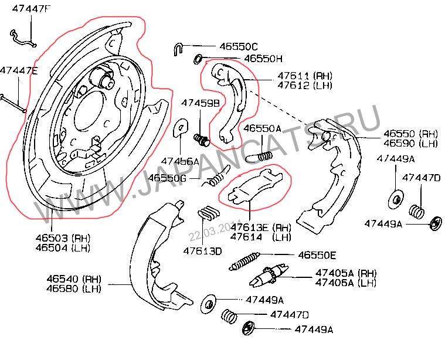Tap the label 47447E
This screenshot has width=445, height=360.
coord(19,70)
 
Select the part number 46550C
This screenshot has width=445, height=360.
coord(239,46)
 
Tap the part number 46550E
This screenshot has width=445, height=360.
coord(317,255)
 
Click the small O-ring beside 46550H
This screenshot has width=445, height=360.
coord(198,57)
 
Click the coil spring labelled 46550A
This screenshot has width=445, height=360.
coord(257,155)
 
